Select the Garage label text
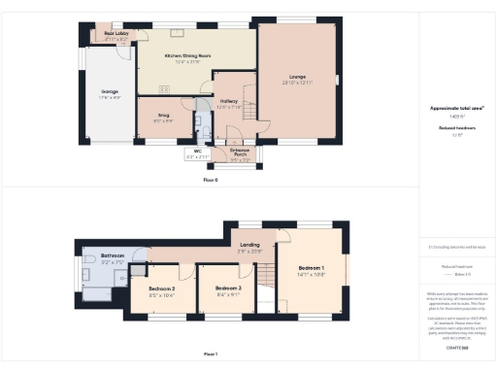click(x=108, y=94)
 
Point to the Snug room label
click(x=163, y=114)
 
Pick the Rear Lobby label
click(x=116, y=33)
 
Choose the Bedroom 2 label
click(x=161, y=288)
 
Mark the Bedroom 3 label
click(x=228, y=288)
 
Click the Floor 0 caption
click(x=211, y=181)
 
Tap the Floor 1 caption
click(x=211, y=355)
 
